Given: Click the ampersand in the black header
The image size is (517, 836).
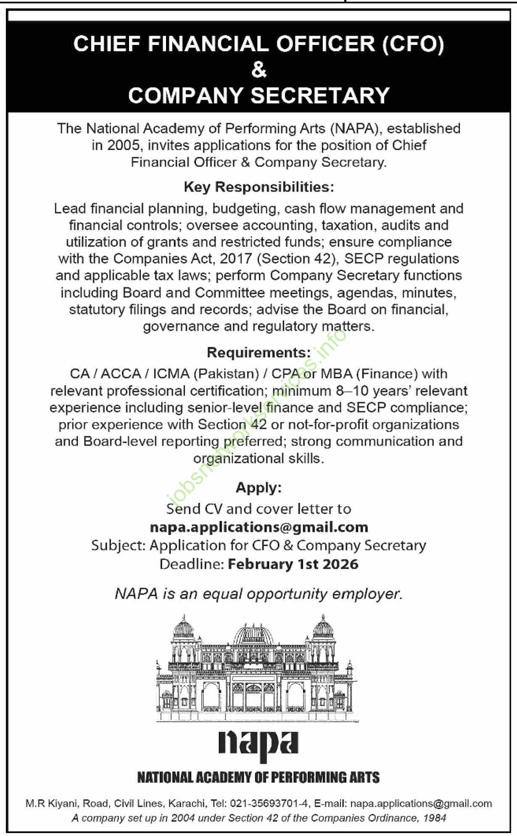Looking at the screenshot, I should [x=259, y=70].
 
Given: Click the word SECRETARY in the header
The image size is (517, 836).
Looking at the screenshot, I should [x=320, y=95].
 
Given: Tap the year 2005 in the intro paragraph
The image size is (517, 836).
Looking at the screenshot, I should [x=123, y=145].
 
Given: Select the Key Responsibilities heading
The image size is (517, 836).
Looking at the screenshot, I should [x=259, y=187].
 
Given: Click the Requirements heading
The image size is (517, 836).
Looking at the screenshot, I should [x=258, y=352].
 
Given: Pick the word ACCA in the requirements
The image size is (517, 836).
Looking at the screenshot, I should [x=121, y=374].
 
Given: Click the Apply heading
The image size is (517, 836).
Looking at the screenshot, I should [x=258, y=487].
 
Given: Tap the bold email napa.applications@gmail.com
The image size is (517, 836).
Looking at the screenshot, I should [x=259, y=527].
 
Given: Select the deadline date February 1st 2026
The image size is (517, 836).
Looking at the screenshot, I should [x=293, y=564].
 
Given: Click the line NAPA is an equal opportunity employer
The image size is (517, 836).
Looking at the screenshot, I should [x=259, y=594].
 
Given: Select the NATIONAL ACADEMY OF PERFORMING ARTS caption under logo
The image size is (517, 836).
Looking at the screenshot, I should [x=258, y=778].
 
